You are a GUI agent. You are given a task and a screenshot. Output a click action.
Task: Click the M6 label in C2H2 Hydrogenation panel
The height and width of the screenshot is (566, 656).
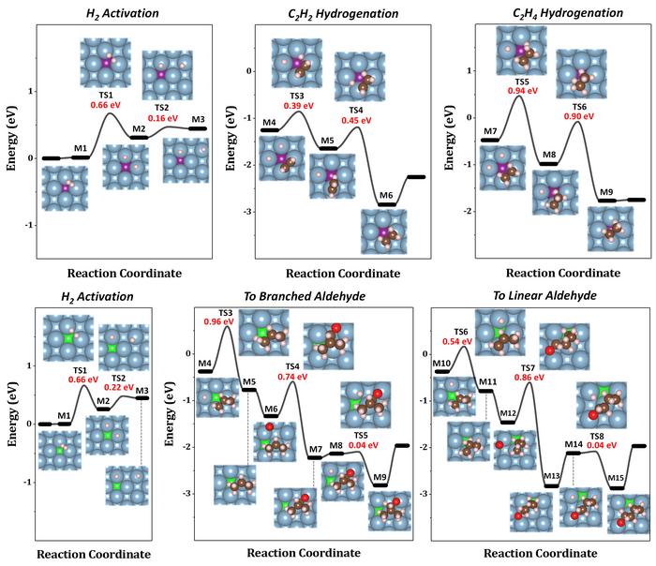tap(386, 195)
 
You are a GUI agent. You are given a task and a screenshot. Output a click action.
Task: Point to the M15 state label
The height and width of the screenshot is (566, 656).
tap(616, 478)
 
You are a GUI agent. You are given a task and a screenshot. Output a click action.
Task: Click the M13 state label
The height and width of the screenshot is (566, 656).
tap(552, 477)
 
